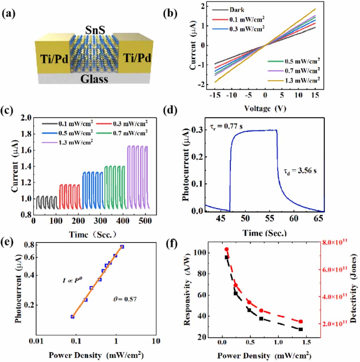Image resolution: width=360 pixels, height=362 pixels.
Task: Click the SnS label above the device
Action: [x=95, y=30]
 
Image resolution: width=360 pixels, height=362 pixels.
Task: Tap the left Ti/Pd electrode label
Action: [x=54, y=59]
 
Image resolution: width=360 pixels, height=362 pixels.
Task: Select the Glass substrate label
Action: [x=94, y=79]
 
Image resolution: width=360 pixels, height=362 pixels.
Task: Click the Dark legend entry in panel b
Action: [x=237, y=10]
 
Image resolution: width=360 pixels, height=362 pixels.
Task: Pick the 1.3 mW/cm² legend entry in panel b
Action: [x=302, y=80]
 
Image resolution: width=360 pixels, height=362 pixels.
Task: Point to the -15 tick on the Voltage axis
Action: [x=215, y=95]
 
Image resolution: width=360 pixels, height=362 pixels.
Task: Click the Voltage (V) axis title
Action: [x=265, y=109]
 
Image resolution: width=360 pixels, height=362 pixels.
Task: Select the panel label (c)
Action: [x=7, y=111]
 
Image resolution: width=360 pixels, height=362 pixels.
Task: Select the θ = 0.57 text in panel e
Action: [x=125, y=299]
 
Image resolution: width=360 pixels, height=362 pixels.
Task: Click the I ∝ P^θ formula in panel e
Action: [x=72, y=280]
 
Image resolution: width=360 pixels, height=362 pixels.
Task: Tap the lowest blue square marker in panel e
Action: [x=72, y=317]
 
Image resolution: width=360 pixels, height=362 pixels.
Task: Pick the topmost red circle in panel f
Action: [x=227, y=249]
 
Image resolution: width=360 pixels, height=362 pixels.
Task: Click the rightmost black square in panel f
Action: [x=301, y=329]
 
